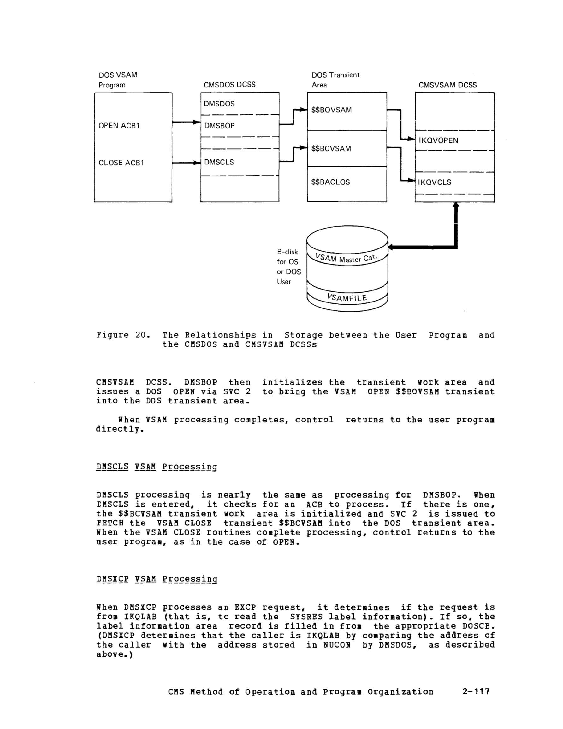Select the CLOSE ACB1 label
(x=121, y=163)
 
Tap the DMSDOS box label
(x=219, y=104)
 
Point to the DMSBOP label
(x=219, y=126)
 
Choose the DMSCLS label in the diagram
(x=219, y=162)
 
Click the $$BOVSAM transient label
(x=331, y=110)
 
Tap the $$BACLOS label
(x=330, y=182)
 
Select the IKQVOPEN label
(x=438, y=140)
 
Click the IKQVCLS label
(x=435, y=182)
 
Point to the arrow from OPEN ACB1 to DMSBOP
(x=186, y=122)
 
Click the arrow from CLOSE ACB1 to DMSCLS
(x=186, y=163)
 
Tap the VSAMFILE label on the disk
(x=347, y=297)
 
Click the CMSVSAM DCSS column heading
(x=447, y=85)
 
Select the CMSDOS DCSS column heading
(x=229, y=85)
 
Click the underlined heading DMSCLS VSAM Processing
(x=156, y=467)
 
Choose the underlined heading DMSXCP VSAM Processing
(x=156, y=579)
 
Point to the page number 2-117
(x=476, y=691)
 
